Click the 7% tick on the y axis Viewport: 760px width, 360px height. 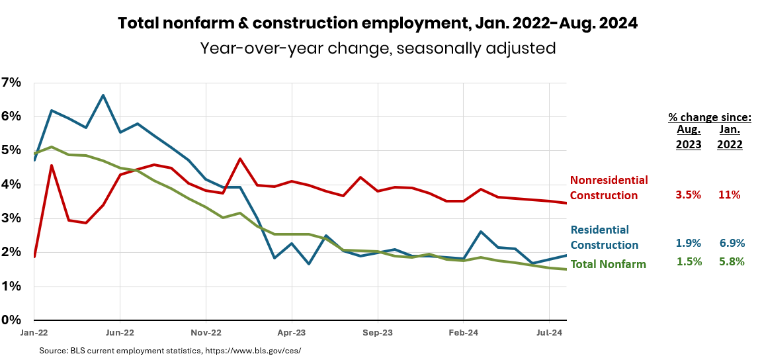point(11,83)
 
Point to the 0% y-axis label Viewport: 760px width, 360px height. point(11,320)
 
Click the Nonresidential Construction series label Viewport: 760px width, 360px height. point(609,187)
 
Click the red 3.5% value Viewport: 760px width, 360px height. point(688,195)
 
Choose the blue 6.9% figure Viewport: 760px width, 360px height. point(731,243)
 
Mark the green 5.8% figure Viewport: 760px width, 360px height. point(731,261)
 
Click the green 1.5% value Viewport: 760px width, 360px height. point(688,261)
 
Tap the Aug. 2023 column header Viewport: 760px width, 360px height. point(688,137)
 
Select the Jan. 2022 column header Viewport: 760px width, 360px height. point(730,137)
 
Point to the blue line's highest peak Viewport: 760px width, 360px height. point(103,95)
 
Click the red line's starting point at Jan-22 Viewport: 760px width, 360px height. point(34,256)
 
